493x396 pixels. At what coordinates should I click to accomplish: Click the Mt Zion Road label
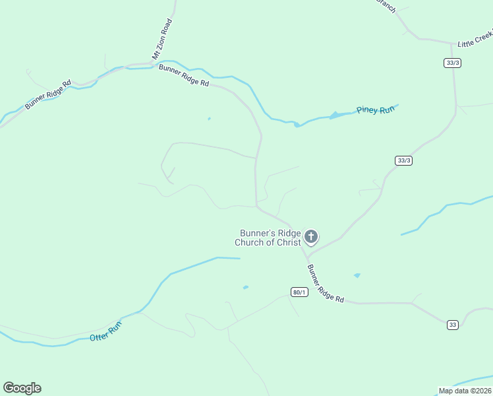(162, 39)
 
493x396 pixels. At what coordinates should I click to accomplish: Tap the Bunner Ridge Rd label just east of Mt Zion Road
(184, 75)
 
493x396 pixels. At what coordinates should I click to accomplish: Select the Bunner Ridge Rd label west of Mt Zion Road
(48, 95)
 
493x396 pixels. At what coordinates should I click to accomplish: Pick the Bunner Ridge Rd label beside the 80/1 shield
(326, 284)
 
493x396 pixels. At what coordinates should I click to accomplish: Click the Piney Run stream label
(375, 110)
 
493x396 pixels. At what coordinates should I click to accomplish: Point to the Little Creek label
(475, 39)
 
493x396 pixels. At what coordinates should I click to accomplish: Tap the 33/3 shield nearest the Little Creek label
(451, 63)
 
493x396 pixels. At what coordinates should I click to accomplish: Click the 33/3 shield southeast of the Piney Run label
(404, 160)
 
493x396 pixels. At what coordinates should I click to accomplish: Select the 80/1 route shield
(299, 292)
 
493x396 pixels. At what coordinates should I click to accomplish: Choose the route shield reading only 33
(452, 324)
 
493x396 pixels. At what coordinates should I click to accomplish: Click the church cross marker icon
(311, 236)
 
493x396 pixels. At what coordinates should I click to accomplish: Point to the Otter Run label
(105, 331)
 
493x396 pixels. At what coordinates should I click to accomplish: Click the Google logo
(22, 388)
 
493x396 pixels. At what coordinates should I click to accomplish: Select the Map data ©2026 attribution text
(465, 390)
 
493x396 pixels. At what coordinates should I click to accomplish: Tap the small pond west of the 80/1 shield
(245, 287)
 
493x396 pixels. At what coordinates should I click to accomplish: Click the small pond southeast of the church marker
(357, 275)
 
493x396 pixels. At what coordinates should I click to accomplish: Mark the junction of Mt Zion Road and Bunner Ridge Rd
(153, 65)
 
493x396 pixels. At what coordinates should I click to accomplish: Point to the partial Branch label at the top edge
(386, 5)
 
